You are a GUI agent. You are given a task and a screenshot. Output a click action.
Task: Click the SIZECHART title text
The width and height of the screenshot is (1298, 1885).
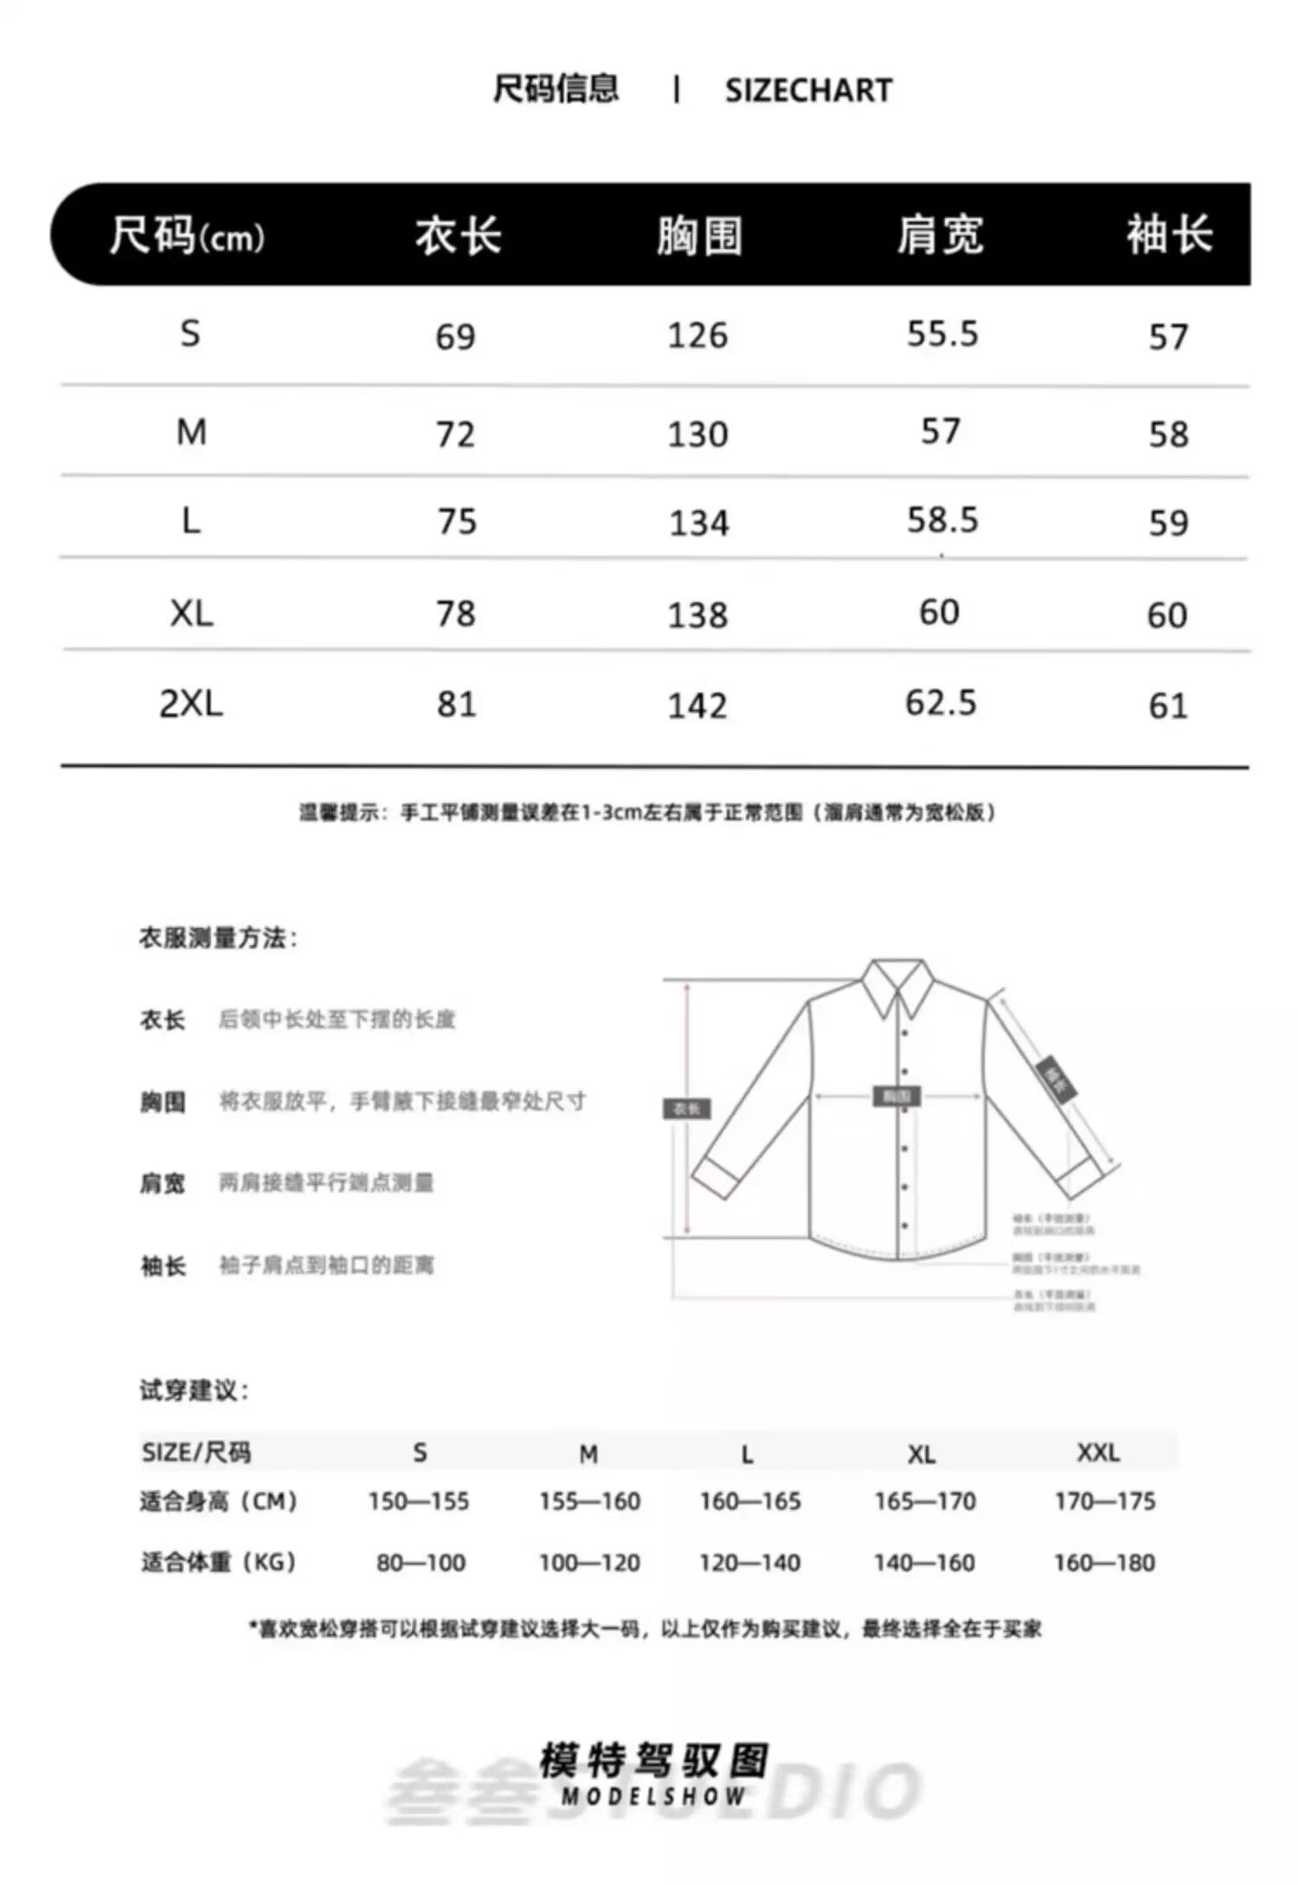[x=808, y=90]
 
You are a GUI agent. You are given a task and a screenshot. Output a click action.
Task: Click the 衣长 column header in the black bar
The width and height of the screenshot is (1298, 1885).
[x=458, y=235]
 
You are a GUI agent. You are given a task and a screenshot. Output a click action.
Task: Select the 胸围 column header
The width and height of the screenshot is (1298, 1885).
[x=698, y=235]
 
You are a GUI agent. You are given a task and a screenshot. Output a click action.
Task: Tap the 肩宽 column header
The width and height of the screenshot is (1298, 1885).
[x=940, y=235]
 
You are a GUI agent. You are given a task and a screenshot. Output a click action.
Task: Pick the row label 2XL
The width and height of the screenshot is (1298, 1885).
[x=191, y=704]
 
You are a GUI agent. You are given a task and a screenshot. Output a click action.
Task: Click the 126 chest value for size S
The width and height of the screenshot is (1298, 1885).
[x=697, y=336]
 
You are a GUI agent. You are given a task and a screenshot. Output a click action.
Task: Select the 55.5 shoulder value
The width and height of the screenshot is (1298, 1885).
[x=942, y=334]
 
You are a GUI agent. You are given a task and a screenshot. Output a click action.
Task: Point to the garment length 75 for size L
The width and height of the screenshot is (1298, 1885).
[x=457, y=521]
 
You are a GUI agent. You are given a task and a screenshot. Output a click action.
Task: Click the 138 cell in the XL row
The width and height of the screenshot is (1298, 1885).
[x=697, y=614]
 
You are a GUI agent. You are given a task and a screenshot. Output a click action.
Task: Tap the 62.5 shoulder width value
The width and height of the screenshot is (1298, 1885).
[x=941, y=703]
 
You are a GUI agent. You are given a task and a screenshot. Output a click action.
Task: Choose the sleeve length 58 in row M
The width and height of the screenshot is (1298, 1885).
[x=1168, y=434]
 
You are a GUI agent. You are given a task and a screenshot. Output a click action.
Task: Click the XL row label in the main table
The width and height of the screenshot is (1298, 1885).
[x=191, y=614]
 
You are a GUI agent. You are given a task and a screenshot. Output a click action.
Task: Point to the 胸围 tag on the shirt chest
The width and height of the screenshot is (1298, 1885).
[x=896, y=1097]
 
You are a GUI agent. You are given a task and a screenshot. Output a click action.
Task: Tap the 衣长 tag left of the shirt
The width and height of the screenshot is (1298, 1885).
[x=686, y=1109]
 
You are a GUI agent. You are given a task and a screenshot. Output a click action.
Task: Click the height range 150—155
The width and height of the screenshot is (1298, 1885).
[x=419, y=1501]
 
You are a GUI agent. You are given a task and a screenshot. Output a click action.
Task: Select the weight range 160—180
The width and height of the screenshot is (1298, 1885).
[x=1104, y=1562]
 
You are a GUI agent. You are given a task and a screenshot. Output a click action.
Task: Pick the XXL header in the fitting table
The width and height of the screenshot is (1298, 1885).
[x=1098, y=1451]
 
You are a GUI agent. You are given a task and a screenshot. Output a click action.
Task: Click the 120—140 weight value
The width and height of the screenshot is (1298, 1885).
[x=750, y=1562]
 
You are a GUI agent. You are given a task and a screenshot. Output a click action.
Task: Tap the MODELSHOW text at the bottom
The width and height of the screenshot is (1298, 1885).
[x=653, y=1797]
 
